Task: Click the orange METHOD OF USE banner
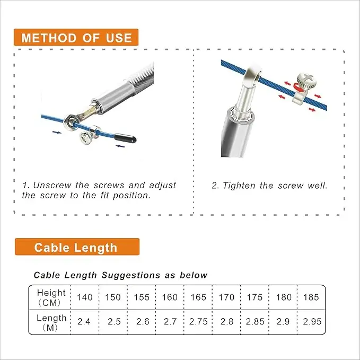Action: pos(76,38)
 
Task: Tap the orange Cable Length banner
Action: pos(77,247)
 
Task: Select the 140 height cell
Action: pos(85,297)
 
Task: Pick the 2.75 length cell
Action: pos(198,322)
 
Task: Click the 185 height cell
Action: pos(311,297)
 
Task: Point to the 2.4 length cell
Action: pos(84,322)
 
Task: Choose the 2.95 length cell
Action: pos(312,322)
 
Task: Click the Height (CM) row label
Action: pos(51,297)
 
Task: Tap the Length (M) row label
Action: pos(51,322)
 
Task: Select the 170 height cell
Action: pos(226,297)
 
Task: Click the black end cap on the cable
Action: pos(125,138)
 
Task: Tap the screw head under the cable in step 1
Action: pos(86,138)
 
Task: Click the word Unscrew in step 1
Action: pos(52,185)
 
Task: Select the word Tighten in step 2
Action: pos(239,186)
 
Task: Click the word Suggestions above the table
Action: pos(130,275)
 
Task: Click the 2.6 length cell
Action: pos(142,322)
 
